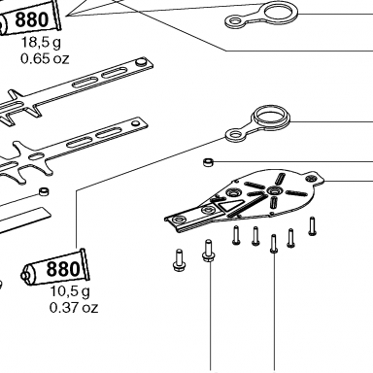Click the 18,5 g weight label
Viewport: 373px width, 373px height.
[41, 43]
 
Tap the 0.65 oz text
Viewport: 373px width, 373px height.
[45, 59]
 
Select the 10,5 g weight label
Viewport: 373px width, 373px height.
[70, 292]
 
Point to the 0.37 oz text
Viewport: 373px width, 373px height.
[74, 307]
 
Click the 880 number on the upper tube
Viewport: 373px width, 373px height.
[32, 19]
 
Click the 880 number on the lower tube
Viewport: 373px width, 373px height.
[63, 269]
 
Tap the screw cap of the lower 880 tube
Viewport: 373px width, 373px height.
[24, 276]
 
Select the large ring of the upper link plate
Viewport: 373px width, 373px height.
[281, 14]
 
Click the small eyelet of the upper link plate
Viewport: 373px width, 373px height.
[235, 22]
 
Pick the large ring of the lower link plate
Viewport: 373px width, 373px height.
[271, 118]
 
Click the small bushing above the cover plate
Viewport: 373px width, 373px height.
[208, 161]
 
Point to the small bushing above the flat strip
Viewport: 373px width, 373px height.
[44, 191]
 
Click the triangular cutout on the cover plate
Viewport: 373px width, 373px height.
[230, 204]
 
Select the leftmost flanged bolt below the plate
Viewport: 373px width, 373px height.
[178, 260]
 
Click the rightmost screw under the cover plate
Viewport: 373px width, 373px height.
[312, 225]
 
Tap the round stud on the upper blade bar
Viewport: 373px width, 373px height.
[141, 62]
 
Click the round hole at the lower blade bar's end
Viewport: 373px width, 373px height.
[134, 123]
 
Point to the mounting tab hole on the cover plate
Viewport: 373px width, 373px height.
[312, 178]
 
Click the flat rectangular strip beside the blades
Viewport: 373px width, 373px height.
[23, 220]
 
